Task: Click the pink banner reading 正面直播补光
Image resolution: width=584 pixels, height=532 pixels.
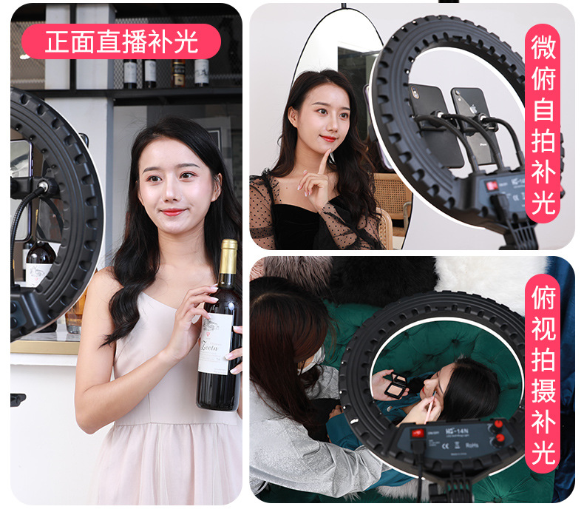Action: (121, 41)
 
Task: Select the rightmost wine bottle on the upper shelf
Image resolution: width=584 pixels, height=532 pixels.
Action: (201, 72)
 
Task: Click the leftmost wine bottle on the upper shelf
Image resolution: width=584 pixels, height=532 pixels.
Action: (130, 72)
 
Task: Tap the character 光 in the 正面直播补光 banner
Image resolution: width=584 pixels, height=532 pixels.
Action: (189, 41)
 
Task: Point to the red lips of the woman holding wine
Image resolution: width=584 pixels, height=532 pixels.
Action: (172, 212)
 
